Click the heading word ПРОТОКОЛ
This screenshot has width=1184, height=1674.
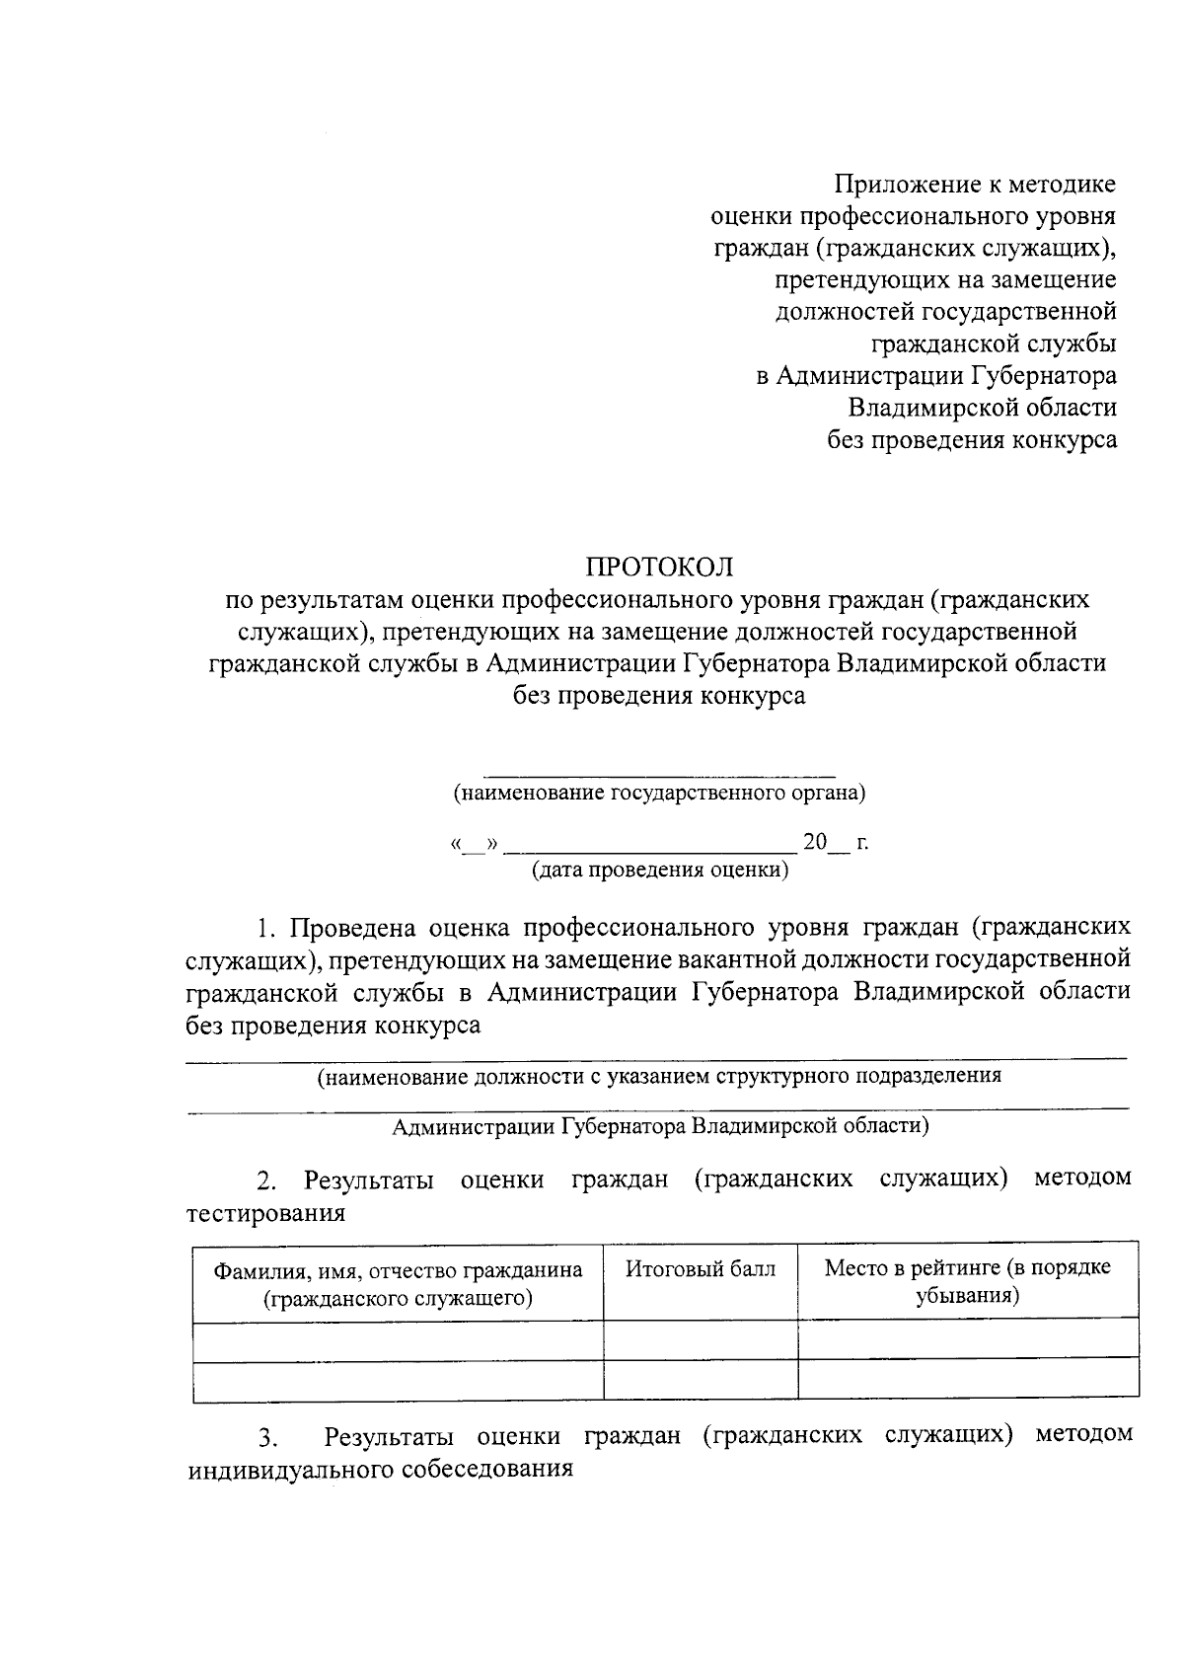tap(659, 567)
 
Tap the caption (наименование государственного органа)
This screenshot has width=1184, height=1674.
tap(659, 792)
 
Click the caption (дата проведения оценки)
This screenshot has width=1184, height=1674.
tap(659, 870)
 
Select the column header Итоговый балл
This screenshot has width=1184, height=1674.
tap(701, 1268)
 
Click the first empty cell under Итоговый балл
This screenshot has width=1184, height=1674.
tap(701, 1338)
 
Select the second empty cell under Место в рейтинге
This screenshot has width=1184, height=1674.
tap(967, 1379)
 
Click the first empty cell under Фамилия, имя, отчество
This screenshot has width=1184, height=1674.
tap(398, 1338)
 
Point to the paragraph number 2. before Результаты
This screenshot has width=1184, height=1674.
tap(265, 1180)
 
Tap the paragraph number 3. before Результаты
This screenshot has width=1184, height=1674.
tap(265, 1436)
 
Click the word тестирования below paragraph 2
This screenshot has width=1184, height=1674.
tap(266, 1212)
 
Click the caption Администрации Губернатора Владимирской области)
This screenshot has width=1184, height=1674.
tap(659, 1126)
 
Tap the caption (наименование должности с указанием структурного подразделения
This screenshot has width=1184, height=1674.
tap(659, 1076)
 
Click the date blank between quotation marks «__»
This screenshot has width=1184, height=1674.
tap(475, 845)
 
